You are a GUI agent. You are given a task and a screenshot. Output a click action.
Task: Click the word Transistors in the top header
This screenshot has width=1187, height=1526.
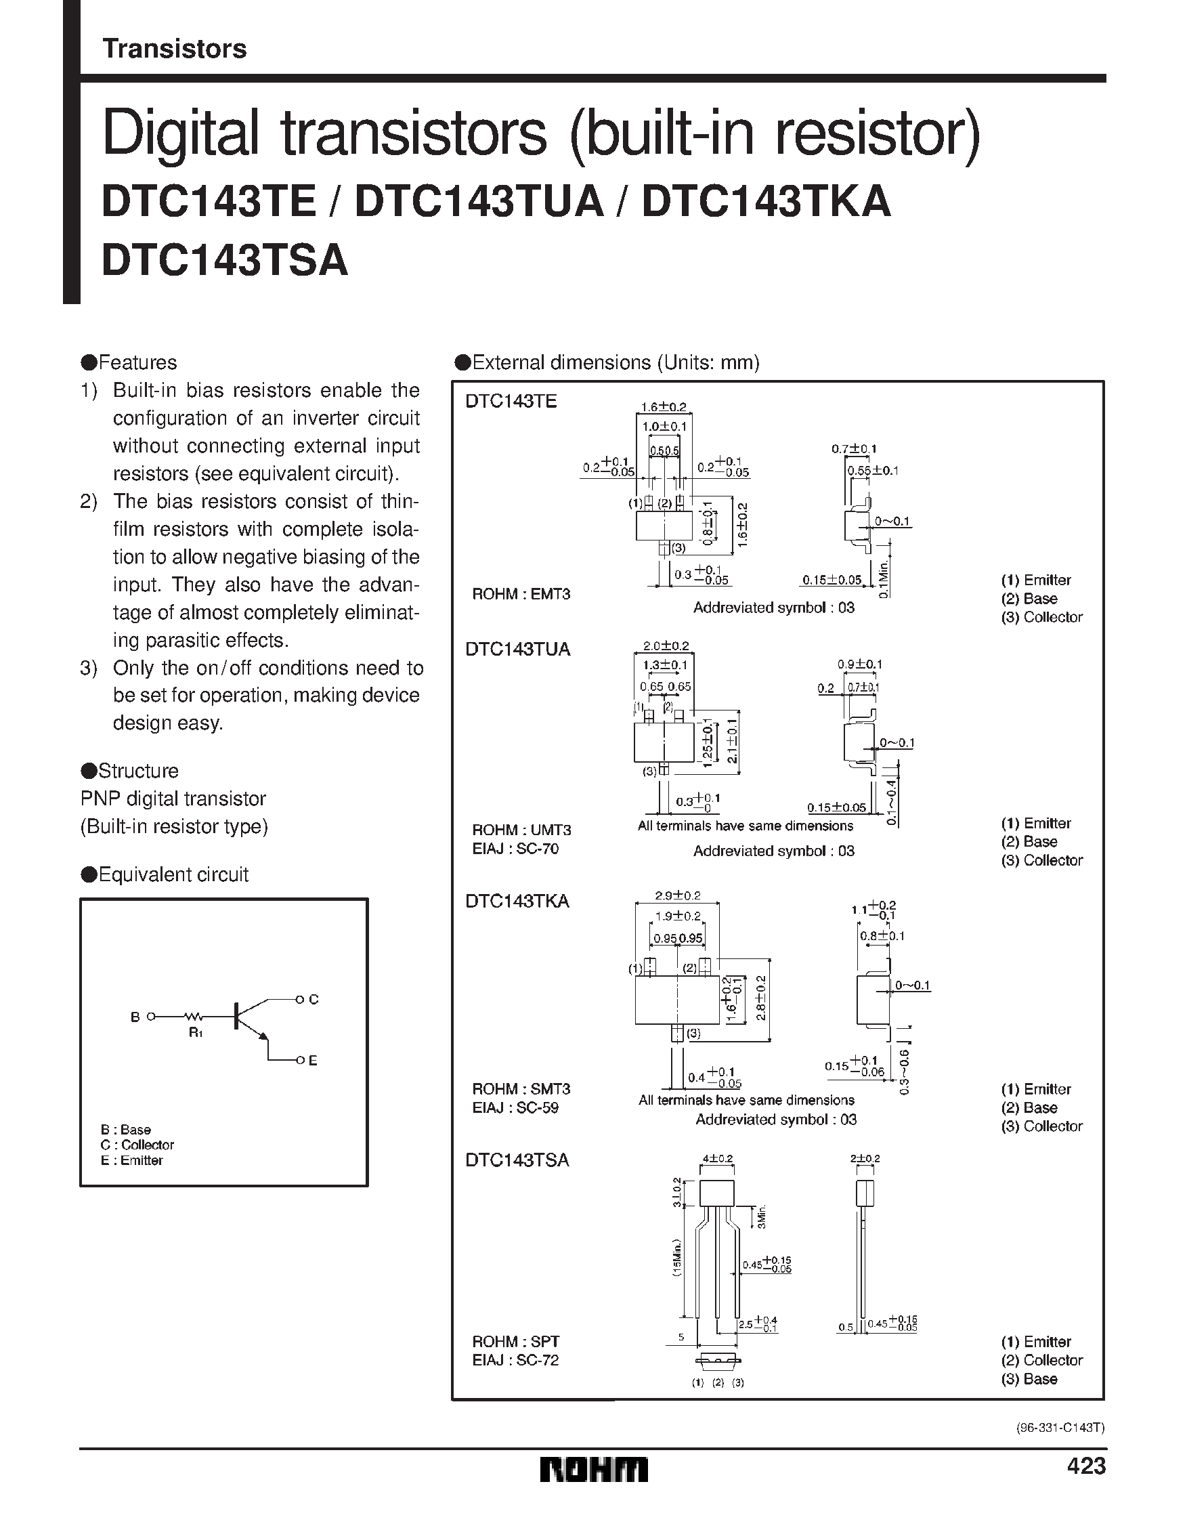point(175,49)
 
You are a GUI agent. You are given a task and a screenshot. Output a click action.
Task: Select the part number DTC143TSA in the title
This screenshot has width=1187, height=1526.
point(225,261)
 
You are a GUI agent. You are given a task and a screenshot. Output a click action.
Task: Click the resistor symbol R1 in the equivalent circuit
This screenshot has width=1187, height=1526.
point(194,1017)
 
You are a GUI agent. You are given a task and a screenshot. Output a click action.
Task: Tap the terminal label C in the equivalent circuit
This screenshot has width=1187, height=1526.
point(313,1000)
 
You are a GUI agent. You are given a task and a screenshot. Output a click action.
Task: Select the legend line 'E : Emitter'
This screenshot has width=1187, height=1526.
point(131,1160)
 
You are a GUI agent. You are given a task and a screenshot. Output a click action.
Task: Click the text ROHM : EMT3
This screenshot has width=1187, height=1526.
point(521,594)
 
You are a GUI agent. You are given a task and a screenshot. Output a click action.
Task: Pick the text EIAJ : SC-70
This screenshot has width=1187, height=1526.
point(515,849)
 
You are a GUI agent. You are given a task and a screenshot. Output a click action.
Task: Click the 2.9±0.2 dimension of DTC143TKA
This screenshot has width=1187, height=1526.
point(677,896)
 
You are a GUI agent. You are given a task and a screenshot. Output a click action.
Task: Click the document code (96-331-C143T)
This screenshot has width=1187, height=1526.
point(1060,1428)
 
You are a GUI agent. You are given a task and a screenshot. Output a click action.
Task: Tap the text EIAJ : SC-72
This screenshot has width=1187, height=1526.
point(515,1361)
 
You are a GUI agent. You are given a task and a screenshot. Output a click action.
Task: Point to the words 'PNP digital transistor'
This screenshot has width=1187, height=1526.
point(173,799)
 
